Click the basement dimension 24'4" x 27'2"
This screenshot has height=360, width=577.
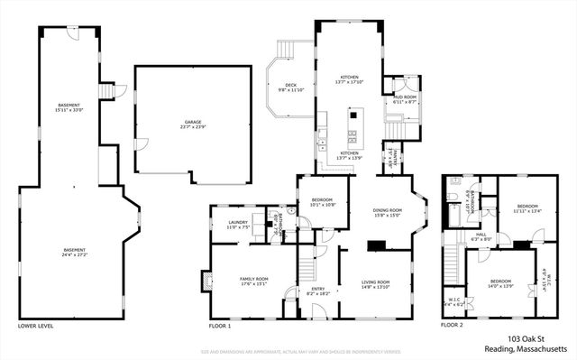74,255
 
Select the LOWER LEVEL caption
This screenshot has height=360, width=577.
34,325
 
